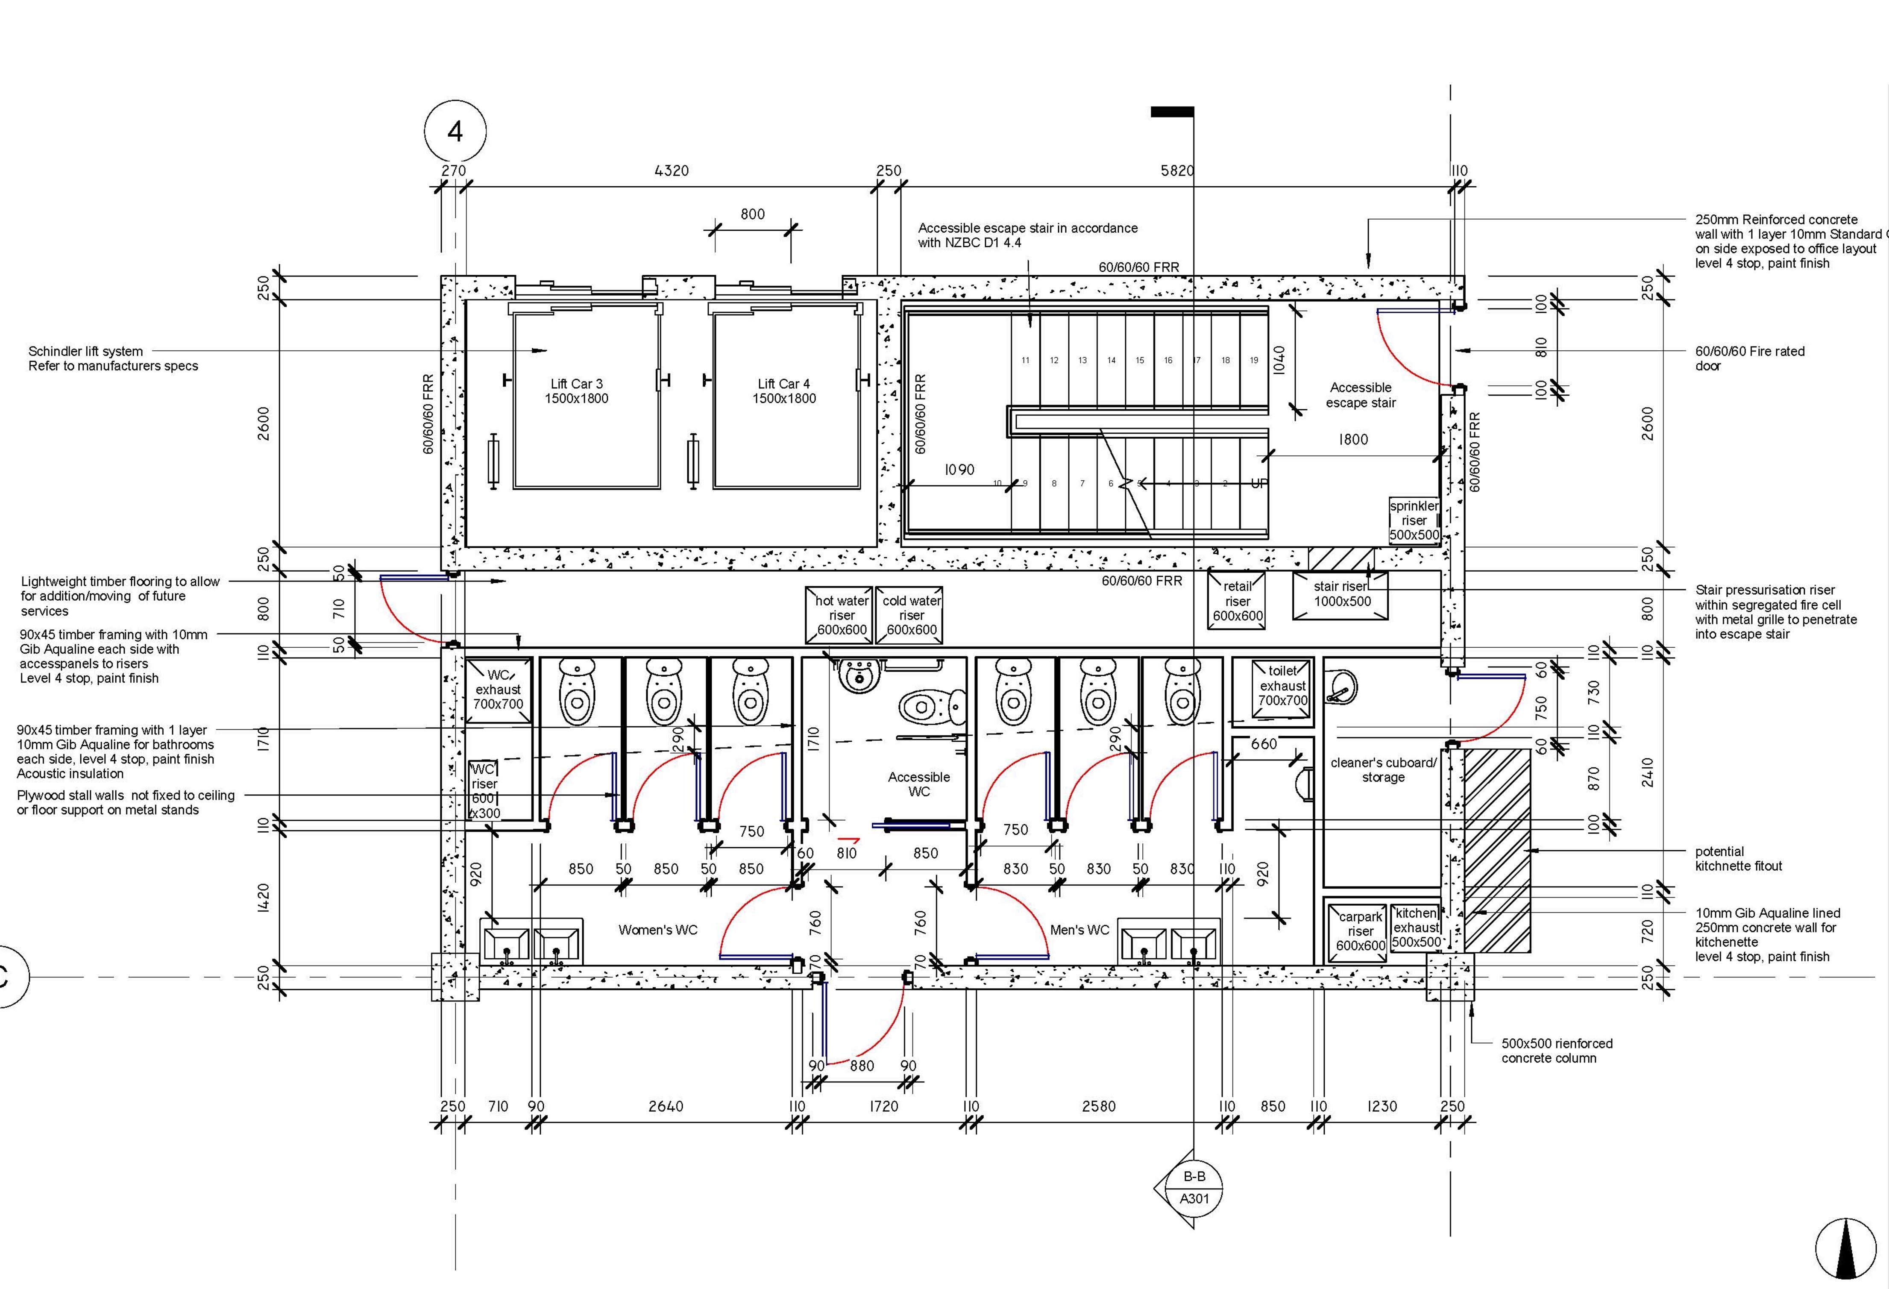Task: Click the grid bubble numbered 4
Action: click(x=455, y=131)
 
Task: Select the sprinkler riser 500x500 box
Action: click(x=1414, y=520)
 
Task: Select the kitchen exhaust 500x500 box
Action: click(x=1417, y=927)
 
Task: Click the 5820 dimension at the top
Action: click(x=1177, y=170)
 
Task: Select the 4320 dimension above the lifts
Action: click(x=672, y=170)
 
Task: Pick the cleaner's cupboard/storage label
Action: click(x=1383, y=769)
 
